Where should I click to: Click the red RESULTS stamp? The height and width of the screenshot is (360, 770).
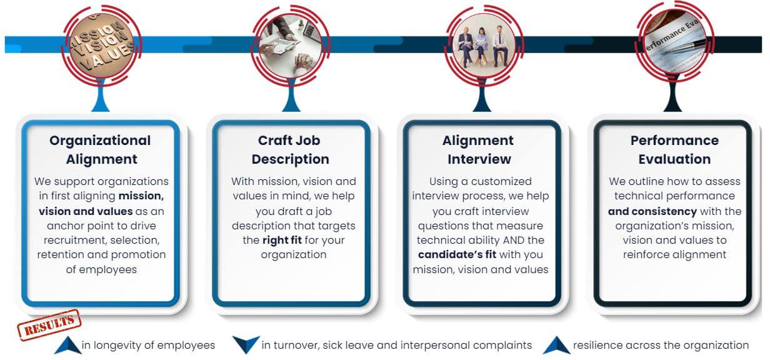[x=49, y=324]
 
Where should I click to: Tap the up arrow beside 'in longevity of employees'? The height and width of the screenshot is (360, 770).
[x=67, y=345]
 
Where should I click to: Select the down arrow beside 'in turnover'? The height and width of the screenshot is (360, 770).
[x=246, y=344]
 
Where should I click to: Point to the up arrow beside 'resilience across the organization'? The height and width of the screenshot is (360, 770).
[x=556, y=345]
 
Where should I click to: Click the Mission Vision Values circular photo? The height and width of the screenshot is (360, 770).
[x=101, y=45]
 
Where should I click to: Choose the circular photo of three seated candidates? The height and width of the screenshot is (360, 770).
[x=483, y=45]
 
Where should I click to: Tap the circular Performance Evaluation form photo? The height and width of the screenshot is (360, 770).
[x=674, y=41]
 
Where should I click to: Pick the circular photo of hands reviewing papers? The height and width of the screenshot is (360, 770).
[x=291, y=45]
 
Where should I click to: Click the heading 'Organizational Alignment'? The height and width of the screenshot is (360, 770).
[x=101, y=149]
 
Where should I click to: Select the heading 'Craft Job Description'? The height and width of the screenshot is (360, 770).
[x=290, y=149]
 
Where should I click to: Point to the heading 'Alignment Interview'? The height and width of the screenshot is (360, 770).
[x=479, y=149]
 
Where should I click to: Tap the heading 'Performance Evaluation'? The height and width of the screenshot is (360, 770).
[x=674, y=149]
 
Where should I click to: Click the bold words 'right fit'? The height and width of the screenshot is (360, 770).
[x=282, y=240]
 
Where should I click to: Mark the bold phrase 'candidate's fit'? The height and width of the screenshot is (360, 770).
[x=457, y=254]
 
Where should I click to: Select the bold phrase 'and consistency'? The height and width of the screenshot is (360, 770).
[x=652, y=211]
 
